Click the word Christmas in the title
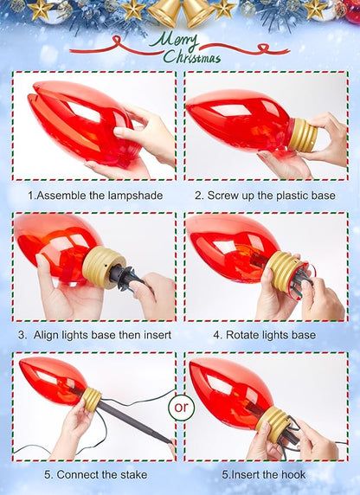[191, 56]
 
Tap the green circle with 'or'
[181, 407]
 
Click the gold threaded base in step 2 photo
[303, 134]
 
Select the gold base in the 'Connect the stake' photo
[92, 399]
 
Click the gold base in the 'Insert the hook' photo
[273, 423]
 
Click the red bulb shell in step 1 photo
[83, 123]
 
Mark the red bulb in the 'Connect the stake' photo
[53, 380]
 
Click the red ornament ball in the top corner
[352, 10]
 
